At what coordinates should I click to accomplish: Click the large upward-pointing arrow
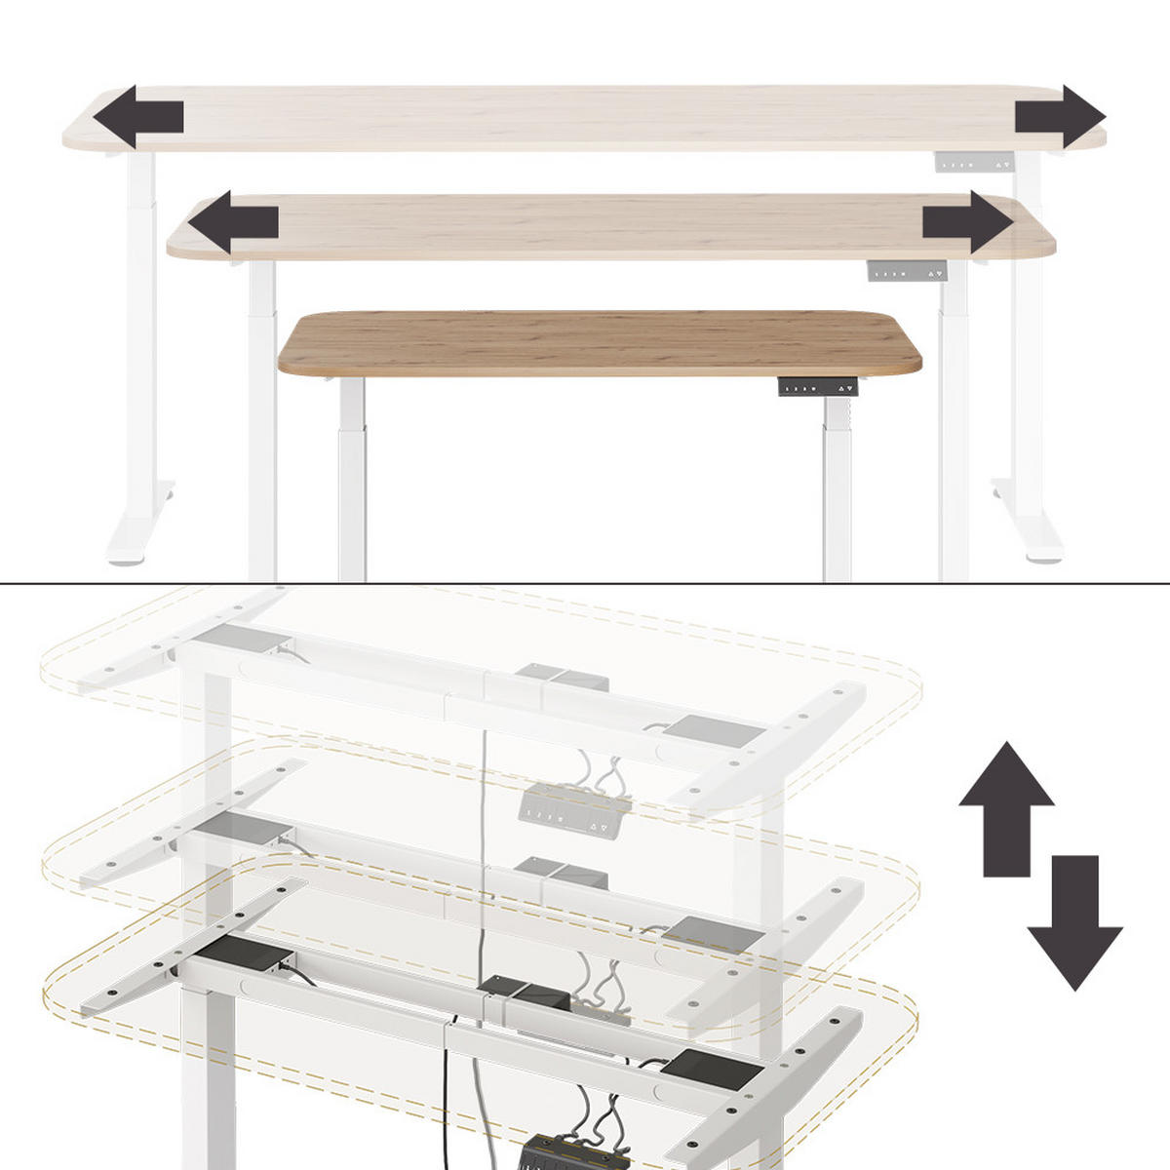point(1006,808)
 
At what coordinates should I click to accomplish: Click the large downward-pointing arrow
point(1074,921)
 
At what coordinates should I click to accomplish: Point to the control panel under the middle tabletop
point(907,271)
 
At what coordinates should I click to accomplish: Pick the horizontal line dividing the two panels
point(585,583)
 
